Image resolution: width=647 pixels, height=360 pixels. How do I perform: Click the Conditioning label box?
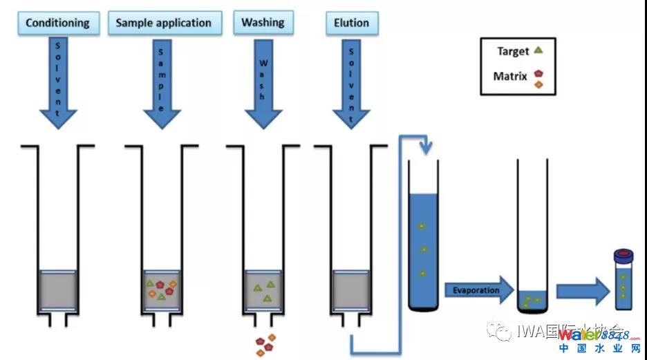(57, 23)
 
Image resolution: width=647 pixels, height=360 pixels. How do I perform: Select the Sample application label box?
(165, 23)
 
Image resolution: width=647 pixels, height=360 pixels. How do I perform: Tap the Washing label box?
(263, 22)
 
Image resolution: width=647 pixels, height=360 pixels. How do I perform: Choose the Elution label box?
(351, 23)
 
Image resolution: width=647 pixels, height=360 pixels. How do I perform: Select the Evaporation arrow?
(477, 290)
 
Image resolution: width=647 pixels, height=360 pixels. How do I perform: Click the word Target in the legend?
(512, 51)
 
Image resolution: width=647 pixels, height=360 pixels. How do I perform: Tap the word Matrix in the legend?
(510, 76)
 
